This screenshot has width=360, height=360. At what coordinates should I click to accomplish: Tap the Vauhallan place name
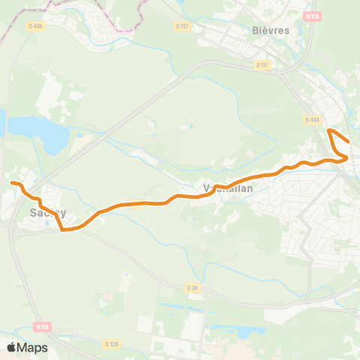click(228, 189)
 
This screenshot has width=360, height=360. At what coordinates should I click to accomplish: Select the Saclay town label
click(48, 212)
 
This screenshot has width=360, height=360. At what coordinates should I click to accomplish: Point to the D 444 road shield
click(313, 120)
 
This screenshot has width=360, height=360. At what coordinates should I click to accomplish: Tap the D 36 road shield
click(192, 287)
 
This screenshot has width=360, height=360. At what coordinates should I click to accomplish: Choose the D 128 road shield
click(112, 343)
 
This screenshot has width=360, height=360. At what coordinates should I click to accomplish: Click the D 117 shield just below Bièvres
click(262, 65)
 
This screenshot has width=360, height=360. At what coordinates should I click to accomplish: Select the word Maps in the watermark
click(33, 347)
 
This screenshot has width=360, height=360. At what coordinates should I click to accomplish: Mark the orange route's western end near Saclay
click(11, 182)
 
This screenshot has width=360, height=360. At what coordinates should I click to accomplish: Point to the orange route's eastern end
click(349, 141)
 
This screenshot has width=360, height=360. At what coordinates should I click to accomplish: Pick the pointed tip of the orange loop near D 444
click(329, 130)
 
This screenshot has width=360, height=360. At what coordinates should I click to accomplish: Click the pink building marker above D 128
click(109, 295)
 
